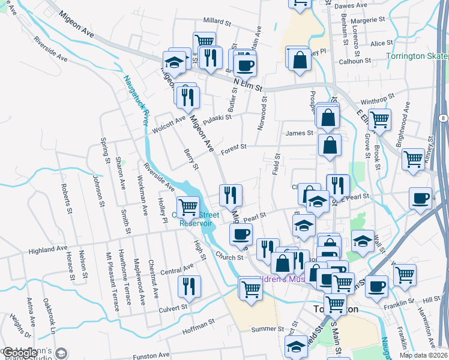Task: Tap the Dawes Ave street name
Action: [350, 5]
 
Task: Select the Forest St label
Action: [234, 148]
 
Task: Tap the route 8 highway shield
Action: [441, 119]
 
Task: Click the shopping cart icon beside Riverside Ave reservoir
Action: [188, 207]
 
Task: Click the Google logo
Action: [21, 353]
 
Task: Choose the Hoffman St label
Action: [197, 324]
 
